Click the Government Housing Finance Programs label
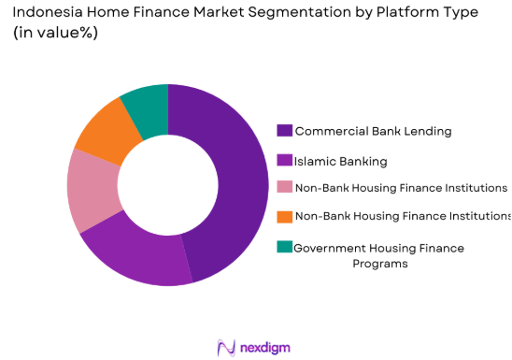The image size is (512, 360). (378, 255)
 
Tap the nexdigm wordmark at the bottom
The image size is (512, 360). (263, 347)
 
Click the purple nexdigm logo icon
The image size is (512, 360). (224, 347)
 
